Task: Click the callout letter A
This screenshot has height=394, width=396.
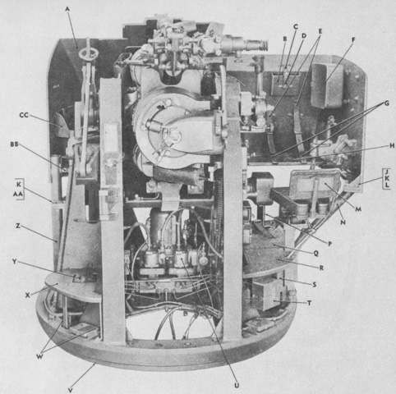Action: pyautogui.click(x=67, y=9)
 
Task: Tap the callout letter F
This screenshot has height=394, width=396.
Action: pyautogui.click(x=353, y=40)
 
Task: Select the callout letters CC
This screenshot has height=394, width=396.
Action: pyautogui.click(x=24, y=115)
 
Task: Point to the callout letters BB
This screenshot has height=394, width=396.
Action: pyautogui.click(x=14, y=144)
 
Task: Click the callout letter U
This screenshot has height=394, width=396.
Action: pyautogui.click(x=237, y=385)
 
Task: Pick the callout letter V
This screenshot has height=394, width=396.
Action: pyautogui.click(x=71, y=390)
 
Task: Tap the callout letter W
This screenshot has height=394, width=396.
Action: pyautogui.click(x=39, y=356)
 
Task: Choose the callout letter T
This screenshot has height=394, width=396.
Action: pyautogui.click(x=310, y=303)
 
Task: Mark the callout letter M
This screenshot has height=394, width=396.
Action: pyautogui.click(x=358, y=209)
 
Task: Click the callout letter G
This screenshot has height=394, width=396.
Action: pyautogui.click(x=387, y=103)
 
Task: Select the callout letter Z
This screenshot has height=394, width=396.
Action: pyautogui.click(x=18, y=226)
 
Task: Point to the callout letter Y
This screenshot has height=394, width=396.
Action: pyautogui.click(x=14, y=262)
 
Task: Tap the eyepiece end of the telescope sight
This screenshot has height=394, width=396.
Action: pyautogui.click(x=264, y=45)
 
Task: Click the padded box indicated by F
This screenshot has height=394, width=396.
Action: pyautogui.click(x=328, y=85)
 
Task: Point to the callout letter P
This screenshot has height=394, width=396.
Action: pyautogui.click(x=329, y=244)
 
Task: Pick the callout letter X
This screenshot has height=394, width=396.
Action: pyautogui.click(x=27, y=295)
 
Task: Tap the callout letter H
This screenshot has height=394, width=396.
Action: pyautogui.click(x=392, y=146)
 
